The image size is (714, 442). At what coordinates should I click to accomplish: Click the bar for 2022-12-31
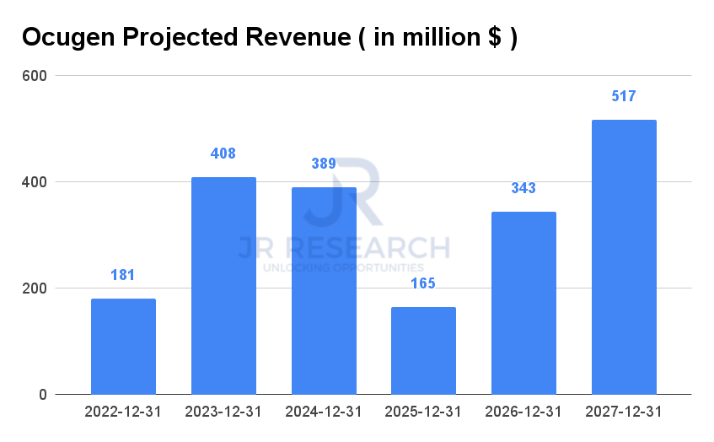[123, 346]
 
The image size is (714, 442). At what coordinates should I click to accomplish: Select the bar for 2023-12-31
[223, 285]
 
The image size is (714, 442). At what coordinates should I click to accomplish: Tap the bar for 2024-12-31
[324, 290]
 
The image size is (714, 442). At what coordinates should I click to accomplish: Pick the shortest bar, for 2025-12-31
[423, 350]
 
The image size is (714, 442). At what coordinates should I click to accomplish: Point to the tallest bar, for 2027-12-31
[624, 256]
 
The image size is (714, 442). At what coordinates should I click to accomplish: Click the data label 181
[123, 275]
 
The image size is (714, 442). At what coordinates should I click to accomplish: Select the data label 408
[223, 154]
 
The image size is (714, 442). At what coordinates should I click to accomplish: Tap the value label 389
[324, 164]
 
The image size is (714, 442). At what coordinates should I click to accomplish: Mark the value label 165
[423, 283]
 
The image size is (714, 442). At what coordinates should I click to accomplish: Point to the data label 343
[523, 188]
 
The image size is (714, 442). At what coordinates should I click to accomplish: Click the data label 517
[624, 96]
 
